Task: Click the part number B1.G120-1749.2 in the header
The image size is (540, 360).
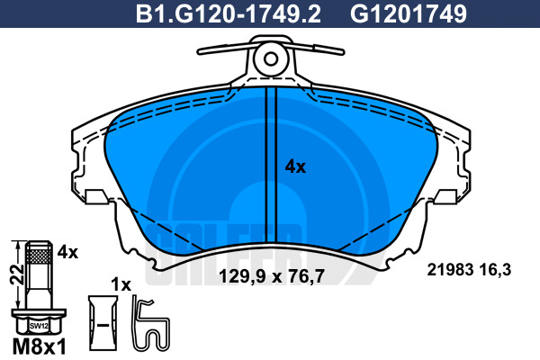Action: [x=229, y=14]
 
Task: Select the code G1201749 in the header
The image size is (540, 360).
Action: [x=409, y=14]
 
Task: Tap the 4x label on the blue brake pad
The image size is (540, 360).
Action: [x=295, y=167]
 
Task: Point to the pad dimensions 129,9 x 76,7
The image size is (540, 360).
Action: [x=272, y=276]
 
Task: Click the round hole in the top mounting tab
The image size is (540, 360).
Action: [x=271, y=59]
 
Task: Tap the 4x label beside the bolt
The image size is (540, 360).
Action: [x=67, y=253]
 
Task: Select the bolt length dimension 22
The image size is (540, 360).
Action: [x=17, y=274]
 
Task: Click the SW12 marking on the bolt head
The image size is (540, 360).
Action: [x=39, y=326]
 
